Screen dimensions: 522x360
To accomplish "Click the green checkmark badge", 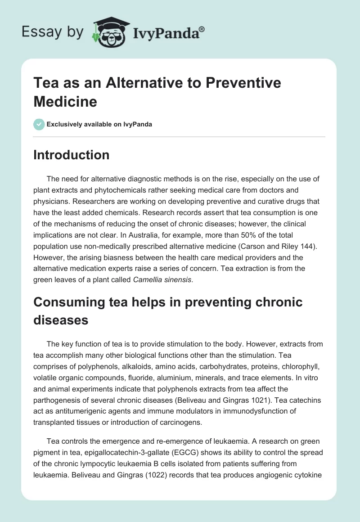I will (39, 124).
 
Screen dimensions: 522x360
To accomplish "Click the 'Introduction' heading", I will (72, 155).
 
